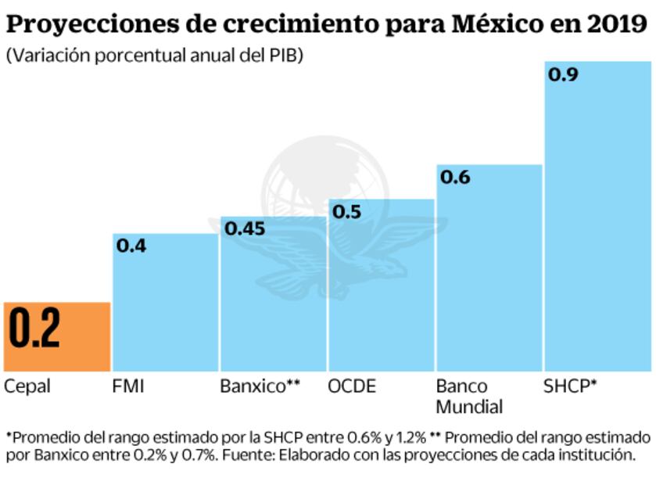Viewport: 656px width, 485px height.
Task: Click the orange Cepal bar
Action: click(x=56, y=336)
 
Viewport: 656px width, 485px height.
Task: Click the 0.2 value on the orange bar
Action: click(x=35, y=329)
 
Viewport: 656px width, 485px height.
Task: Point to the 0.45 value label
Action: click(x=246, y=229)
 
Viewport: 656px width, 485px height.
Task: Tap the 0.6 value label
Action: click(x=455, y=178)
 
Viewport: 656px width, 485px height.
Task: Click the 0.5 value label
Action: click(x=347, y=211)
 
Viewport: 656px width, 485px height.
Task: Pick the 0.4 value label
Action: click(x=131, y=246)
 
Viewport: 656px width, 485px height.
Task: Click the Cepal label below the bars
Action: click(x=27, y=386)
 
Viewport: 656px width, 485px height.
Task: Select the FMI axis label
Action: click(x=129, y=386)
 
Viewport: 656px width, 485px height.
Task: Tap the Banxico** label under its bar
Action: click(x=260, y=386)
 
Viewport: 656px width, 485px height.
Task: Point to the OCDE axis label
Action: click(x=352, y=386)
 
